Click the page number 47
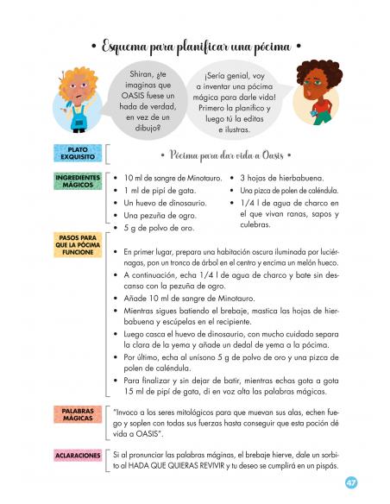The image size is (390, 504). click(350, 482)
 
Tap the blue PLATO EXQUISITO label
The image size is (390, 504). click(78, 154)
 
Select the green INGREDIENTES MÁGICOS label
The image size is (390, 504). click(79, 181)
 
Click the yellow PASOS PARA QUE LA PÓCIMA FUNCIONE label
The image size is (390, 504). click(79, 244)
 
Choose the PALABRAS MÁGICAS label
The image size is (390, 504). click(79, 414)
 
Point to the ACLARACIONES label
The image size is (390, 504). click(79, 455)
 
